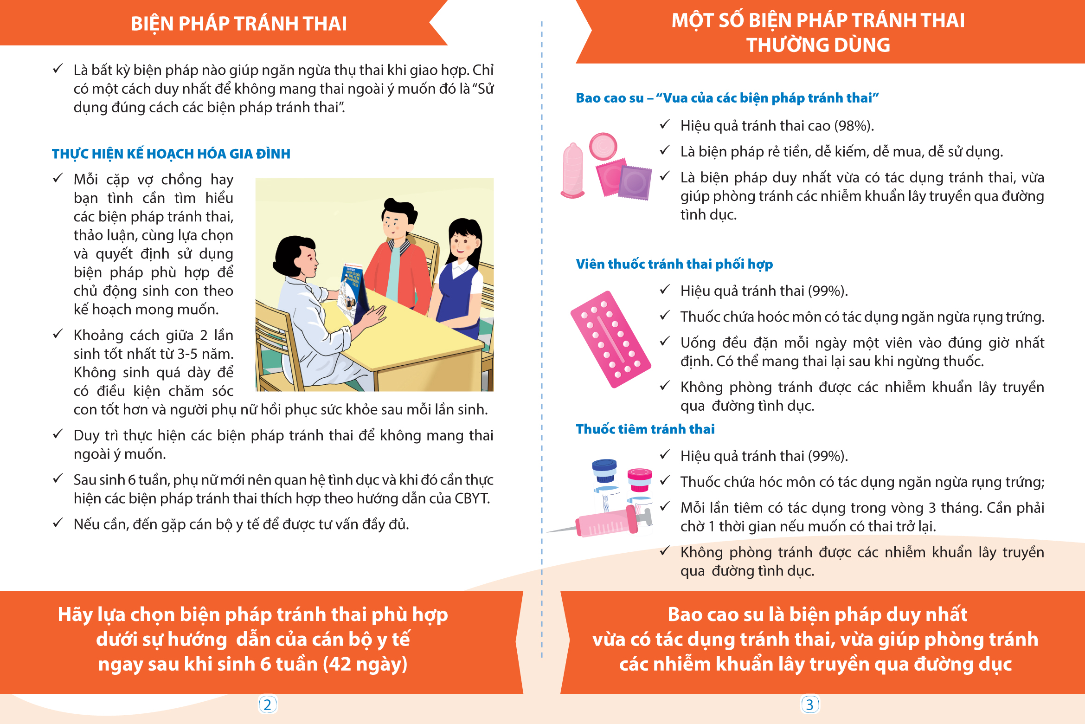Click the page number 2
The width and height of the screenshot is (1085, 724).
(x=267, y=705)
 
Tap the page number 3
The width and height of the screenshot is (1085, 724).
(x=809, y=705)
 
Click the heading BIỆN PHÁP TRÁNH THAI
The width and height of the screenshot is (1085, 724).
(x=239, y=24)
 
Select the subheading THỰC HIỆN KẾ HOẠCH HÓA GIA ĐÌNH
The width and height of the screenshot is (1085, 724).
(x=171, y=154)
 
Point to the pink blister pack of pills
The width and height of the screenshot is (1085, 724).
(x=610, y=339)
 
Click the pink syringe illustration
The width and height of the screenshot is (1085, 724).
(x=601, y=524)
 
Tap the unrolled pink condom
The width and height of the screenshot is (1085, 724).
(x=573, y=170)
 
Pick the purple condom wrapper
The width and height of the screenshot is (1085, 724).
(x=635, y=182)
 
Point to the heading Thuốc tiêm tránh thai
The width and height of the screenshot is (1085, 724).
(x=645, y=429)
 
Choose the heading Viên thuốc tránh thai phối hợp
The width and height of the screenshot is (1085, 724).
(x=674, y=264)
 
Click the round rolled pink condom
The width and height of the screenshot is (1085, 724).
(x=603, y=146)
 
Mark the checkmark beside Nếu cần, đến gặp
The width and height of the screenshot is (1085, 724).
(x=58, y=523)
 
